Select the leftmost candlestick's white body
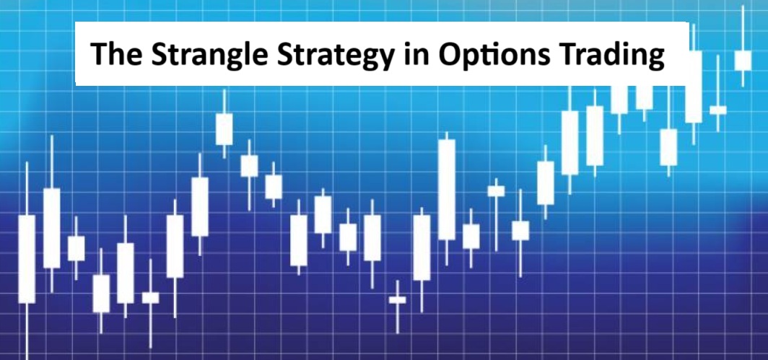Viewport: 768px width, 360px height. pos(27,258)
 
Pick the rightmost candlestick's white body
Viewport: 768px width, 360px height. pos(743,60)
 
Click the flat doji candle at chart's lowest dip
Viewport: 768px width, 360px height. pos(397,299)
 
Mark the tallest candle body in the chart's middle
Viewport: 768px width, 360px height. pos(447,189)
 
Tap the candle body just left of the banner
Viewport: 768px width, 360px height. pos(224,129)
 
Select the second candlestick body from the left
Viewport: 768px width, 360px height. pos(51,228)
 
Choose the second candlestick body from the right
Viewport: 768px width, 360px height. pos(718,110)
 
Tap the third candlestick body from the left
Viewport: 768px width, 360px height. pos(76,248)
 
